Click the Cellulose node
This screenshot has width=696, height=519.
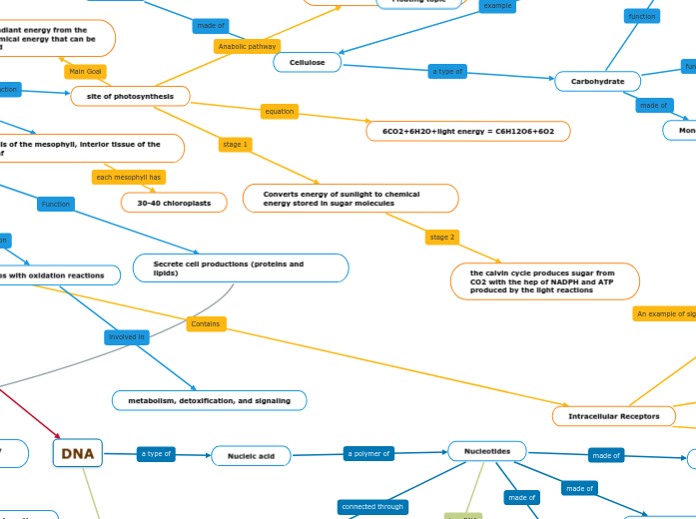click(308, 62)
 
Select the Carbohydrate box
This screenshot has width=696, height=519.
click(597, 81)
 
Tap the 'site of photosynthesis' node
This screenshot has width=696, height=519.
click(130, 96)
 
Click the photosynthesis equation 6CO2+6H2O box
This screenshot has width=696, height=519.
click(467, 131)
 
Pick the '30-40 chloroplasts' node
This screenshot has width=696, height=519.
click(180, 203)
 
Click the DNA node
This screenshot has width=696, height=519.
click(78, 453)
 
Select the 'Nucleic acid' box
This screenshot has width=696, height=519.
click(251, 455)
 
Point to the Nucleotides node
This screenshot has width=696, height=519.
click(486, 451)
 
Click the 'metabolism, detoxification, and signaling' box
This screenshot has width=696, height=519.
click(209, 400)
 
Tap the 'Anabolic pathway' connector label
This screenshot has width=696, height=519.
click(247, 46)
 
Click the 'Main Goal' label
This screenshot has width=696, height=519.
click(86, 71)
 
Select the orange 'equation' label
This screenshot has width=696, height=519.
click(280, 111)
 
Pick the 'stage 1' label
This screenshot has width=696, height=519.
click(236, 145)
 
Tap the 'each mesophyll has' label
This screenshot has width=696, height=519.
click(128, 177)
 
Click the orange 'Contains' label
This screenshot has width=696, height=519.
click(206, 323)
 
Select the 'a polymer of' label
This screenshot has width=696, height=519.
click(369, 453)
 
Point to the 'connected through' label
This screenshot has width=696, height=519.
click(372, 506)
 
